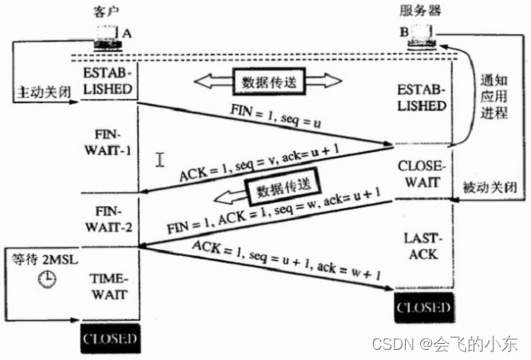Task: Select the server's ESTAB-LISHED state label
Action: (x=424, y=98)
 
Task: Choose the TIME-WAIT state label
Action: (x=108, y=286)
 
